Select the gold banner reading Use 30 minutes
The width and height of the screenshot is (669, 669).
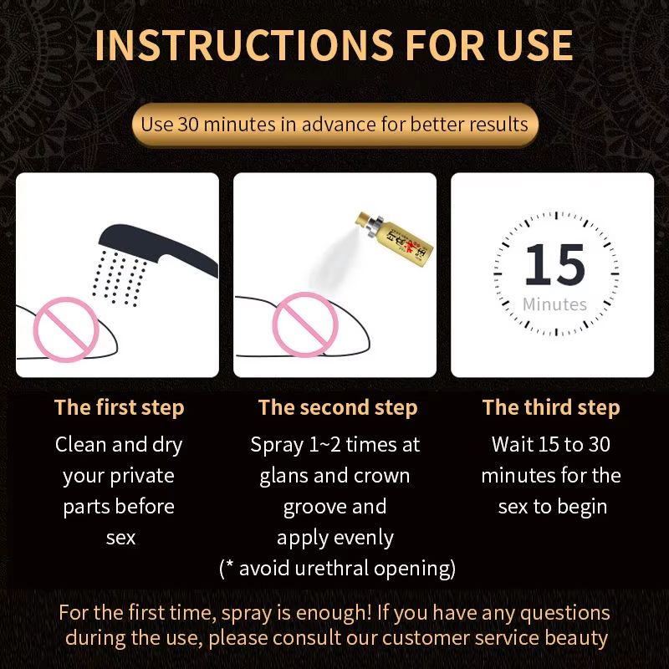coord(335,125)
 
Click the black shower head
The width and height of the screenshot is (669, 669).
coord(158,249)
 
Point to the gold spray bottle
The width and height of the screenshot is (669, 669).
coord(394,237)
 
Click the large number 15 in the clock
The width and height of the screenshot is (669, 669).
coord(554,264)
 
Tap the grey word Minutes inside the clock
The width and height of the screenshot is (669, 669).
coord(554,304)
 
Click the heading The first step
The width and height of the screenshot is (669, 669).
coord(119,407)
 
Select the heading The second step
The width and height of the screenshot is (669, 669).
coord(338,407)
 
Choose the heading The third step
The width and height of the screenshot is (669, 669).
coord(551,407)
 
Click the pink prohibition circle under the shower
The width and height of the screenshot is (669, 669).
coord(66,329)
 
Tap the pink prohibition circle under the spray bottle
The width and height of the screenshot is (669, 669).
coord(305,324)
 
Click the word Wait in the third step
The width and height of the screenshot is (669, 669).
coord(512,445)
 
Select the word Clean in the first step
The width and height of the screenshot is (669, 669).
coord(80,445)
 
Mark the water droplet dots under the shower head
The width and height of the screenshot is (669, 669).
coord(120,278)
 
